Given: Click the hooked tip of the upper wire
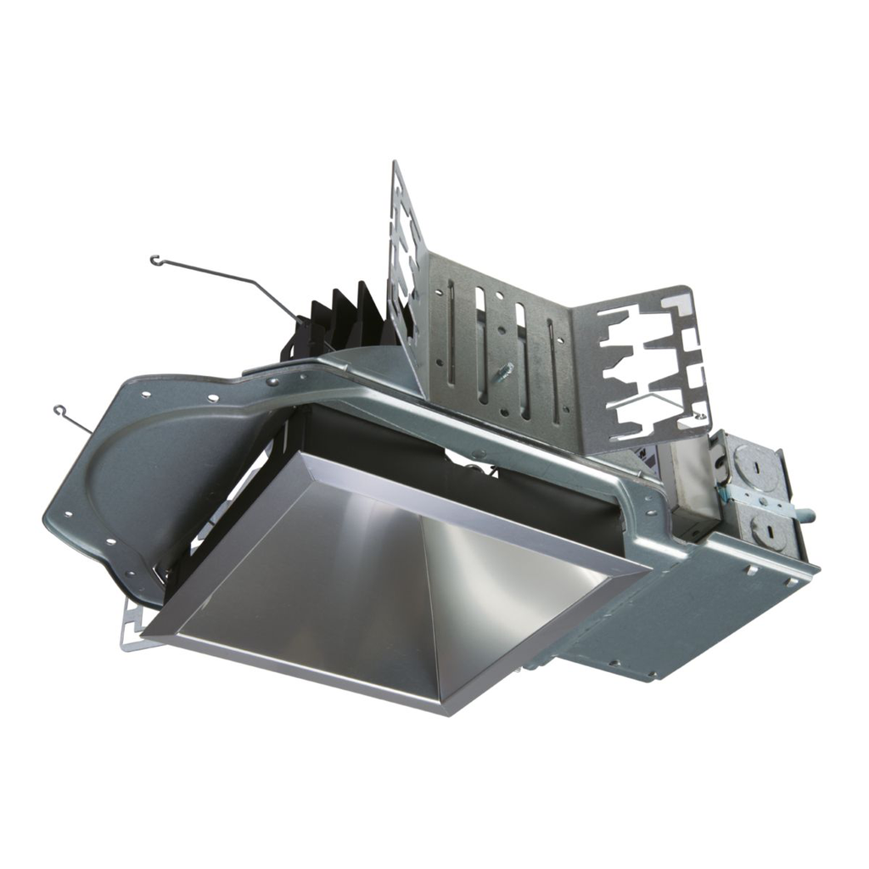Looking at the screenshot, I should pos(155,261).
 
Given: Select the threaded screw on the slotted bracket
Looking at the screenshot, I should pos(506,372).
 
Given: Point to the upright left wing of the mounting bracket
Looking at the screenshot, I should pos(406,255).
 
